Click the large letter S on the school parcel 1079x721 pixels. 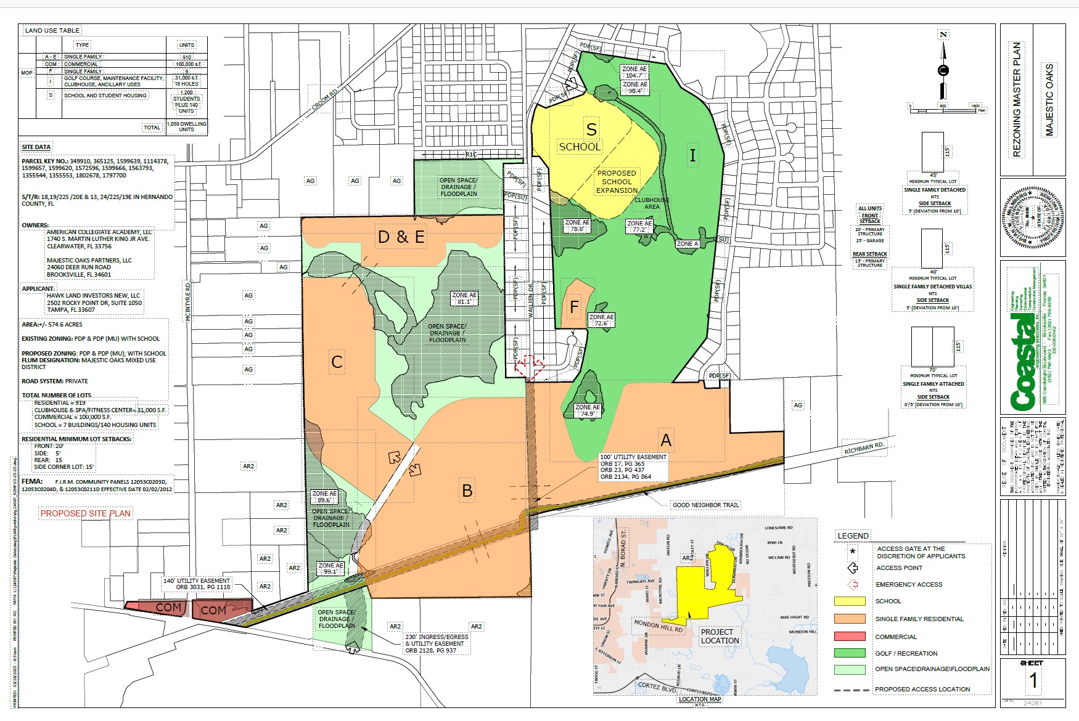click(591, 129)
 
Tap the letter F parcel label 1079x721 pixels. click(574, 306)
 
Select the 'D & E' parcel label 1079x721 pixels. click(401, 237)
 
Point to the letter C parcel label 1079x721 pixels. click(337, 362)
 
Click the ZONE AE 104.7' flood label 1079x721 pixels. click(634, 72)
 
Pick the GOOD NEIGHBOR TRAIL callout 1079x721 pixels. click(705, 505)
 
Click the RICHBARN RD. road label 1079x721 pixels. click(864, 448)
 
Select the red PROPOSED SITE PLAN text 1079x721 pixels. click(86, 513)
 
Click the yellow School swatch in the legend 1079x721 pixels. click(850, 601)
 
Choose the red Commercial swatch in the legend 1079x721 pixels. click(850, 637)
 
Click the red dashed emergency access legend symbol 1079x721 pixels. click(853, 584)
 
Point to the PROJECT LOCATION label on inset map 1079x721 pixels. click(720, 636)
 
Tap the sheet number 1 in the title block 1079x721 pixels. click(1033, 681)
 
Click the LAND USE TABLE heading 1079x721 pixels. click(52, 30)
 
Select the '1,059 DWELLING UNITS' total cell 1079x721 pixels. click(186, 126)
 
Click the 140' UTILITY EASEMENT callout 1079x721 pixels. click(197, 584)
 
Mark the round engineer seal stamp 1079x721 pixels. click(1033, 217)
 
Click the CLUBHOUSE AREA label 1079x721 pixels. click(652, 203)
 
